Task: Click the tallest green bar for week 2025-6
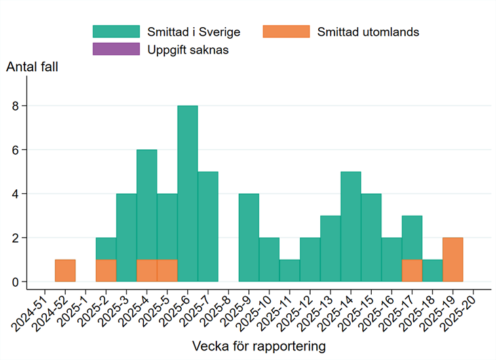click(187, 193)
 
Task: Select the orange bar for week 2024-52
click(65, 271)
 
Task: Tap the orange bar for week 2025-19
click(453, 260)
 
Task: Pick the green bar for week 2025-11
click(289, 271)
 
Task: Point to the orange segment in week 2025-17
click(412, 271)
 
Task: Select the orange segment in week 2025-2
click(106, 271)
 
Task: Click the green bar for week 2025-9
click(248, 237)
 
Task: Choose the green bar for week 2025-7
click(208, 226)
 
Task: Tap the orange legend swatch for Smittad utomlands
click(286, 32)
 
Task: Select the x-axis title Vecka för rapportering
click(259, 346)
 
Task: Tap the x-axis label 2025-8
click(217, 308)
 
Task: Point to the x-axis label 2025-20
click(461, 308)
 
